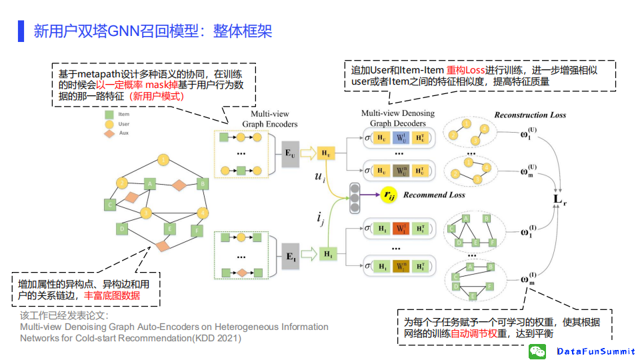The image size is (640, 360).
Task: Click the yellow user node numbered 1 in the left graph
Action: [x=163, y=159]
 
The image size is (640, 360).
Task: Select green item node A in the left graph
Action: [x=151, y=183]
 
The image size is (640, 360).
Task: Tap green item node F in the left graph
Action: [x=195, y=231]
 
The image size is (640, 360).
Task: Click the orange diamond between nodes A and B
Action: [x=179, y=184]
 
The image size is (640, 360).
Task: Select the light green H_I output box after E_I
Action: [x=327, y=254]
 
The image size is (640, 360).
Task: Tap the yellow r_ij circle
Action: [x=387, y=195]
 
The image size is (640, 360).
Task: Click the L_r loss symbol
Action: [x=561, y=198]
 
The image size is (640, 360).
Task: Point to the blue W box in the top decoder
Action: [x=399, y=137]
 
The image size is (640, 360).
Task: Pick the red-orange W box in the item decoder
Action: [x=400, y=229]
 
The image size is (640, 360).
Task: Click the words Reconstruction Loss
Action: [x=530, y=115]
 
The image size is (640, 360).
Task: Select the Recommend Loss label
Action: [x=433, y=195]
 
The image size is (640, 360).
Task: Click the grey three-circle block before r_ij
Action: [x=355, y=195]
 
